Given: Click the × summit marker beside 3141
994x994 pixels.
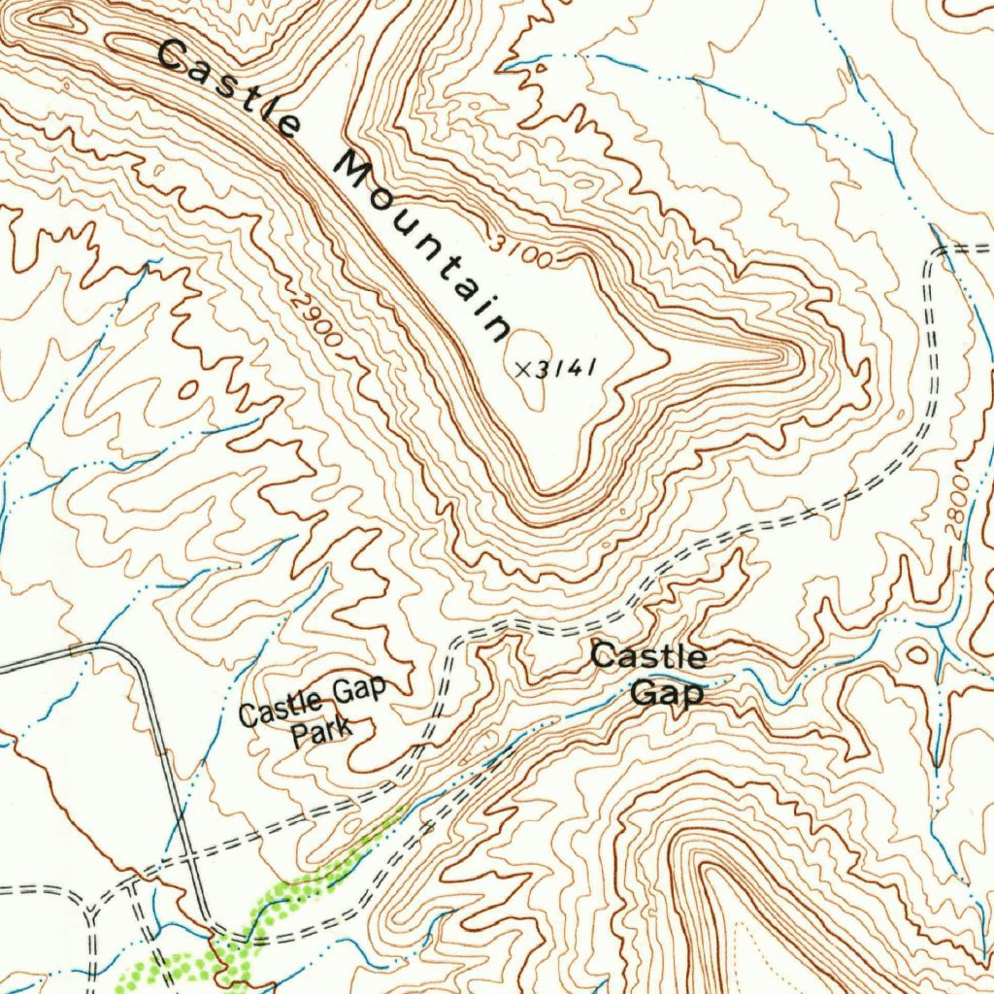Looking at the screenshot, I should tap(524, 369).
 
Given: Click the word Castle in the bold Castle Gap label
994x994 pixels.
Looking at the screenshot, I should tap(648, 656).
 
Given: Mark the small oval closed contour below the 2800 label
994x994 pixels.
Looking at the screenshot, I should tap(916, 653).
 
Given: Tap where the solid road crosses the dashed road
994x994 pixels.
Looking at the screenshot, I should tap(191, 858).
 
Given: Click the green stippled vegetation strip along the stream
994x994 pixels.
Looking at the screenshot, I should tap(291, 898).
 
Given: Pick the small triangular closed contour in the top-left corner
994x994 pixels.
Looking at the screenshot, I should tap(53, 17).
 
